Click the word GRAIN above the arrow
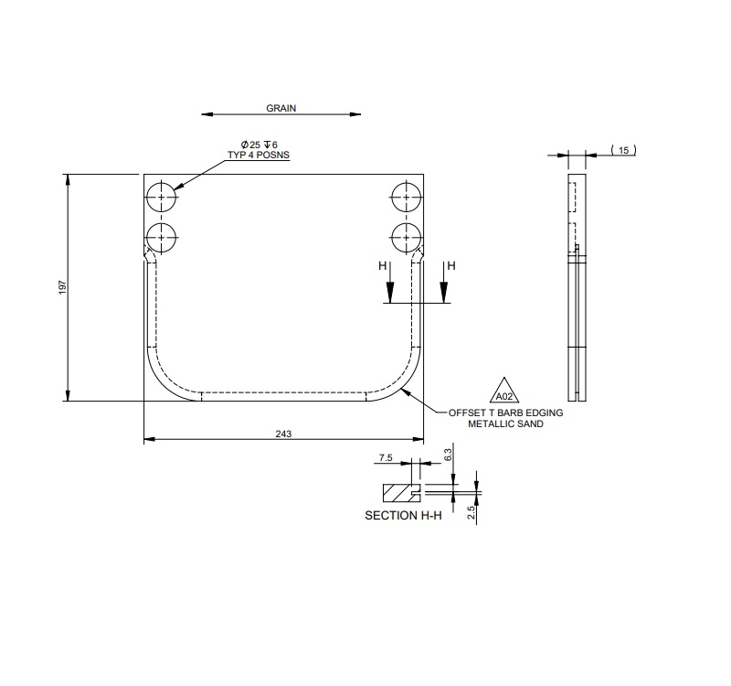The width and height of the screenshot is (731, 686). point(281,108)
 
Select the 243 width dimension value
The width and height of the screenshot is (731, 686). point(283,434)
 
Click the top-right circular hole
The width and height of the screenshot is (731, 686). point(404,197)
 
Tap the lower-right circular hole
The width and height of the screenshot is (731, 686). point(404,237)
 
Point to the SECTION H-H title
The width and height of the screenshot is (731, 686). point(403,516)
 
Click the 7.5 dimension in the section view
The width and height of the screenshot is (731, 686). point(386,456)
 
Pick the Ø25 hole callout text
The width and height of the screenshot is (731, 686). point(259,145)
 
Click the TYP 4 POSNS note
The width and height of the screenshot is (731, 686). point(259,155)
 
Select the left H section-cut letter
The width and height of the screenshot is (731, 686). point(383,266)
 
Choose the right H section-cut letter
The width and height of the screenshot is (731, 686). point(450,266)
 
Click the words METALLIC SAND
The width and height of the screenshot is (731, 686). point(505,424)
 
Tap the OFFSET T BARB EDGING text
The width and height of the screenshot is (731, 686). point(505,413)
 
